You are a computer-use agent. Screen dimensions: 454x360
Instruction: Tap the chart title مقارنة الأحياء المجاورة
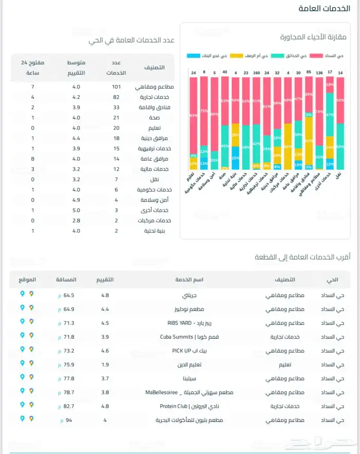pyautogui.click(x=313, y=37)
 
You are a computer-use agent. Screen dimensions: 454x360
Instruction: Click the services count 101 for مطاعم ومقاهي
pyautogui.click(x=116, y=86)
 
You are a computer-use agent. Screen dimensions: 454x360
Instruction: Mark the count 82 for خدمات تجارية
pyautogui.click(x=116, y=97)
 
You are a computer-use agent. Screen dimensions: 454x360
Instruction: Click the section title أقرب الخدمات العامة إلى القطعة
pyautogui.click(x=302, y=257)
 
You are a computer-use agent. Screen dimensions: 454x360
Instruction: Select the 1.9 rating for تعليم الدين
pyautogui.click(x=105, y=364)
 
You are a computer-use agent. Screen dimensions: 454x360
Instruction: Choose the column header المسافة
pyautogui.click(x=66, y=280)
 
